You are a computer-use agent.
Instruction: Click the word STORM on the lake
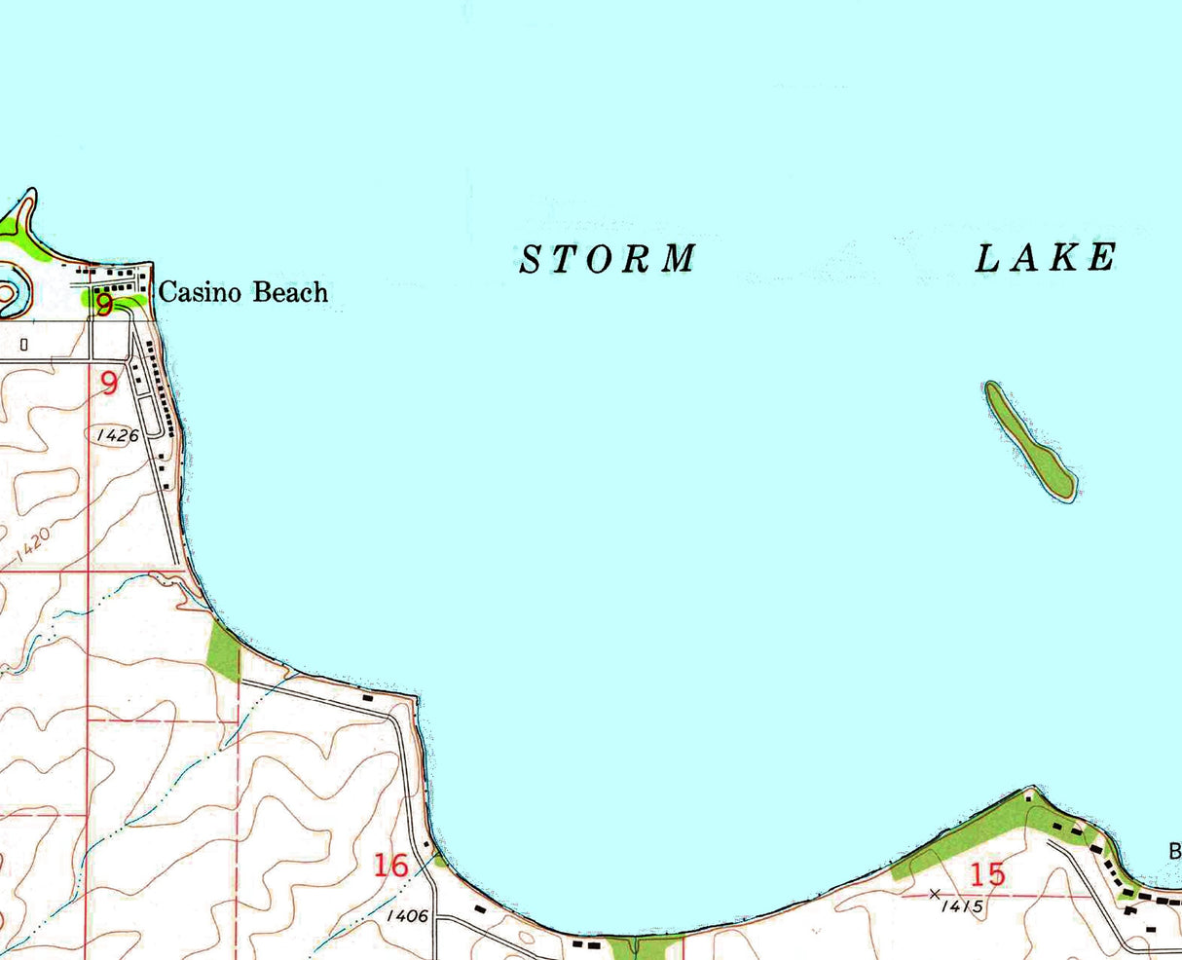tap(609, 259)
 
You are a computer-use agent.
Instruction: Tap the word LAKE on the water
tap(1046, 258)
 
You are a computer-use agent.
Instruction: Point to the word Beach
tap(290, 292)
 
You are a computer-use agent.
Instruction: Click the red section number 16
tap(390, 865)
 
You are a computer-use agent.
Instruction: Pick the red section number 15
tap(987, 873)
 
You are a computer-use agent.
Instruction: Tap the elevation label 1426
tap(118, 435)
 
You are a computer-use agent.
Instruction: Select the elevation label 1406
tap(407, 916)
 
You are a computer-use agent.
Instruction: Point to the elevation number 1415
tap(963, 906)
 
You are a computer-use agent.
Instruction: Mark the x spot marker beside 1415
tap(936, 893)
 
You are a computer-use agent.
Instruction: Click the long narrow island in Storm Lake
tap(1028, 441)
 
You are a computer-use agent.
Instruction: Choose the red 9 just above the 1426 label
tap(109, 383)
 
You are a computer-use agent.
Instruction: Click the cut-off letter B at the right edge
tap(1175, 852)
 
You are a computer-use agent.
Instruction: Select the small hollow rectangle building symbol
tap(24, 344)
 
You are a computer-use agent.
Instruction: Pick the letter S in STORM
tap(531, 260)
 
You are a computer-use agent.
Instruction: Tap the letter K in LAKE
tap(1067, 258)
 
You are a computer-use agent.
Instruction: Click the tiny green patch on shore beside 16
tap(440, 860)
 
